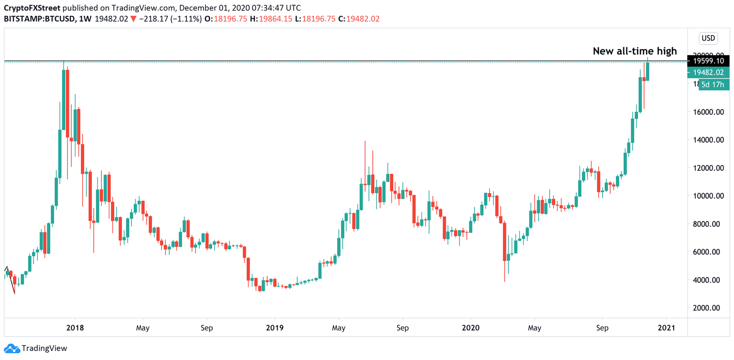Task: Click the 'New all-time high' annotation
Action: click(x=635, y=51)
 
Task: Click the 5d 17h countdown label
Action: click(x=713, y=85)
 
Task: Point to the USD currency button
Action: click(x=708, y=38)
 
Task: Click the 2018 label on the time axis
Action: click(x=75, y=328)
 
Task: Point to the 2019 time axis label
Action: click(x=274, y=328)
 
